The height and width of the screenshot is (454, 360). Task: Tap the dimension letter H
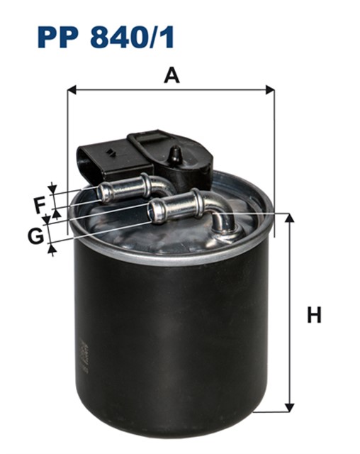click(x=314, y=314)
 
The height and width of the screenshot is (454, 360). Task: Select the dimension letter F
click(x=39, y=205)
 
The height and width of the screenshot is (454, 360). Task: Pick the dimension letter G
click(x=35, y=236)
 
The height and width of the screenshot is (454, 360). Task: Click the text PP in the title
click(x=58, y=37)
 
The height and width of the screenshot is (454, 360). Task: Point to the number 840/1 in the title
click(x=132, y=37)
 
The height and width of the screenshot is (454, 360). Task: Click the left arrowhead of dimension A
click(x=72, y=90)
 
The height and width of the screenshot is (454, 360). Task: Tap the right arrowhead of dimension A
click(x=270, y=90)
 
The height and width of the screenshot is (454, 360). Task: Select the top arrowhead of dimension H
click(x=289, y=218)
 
